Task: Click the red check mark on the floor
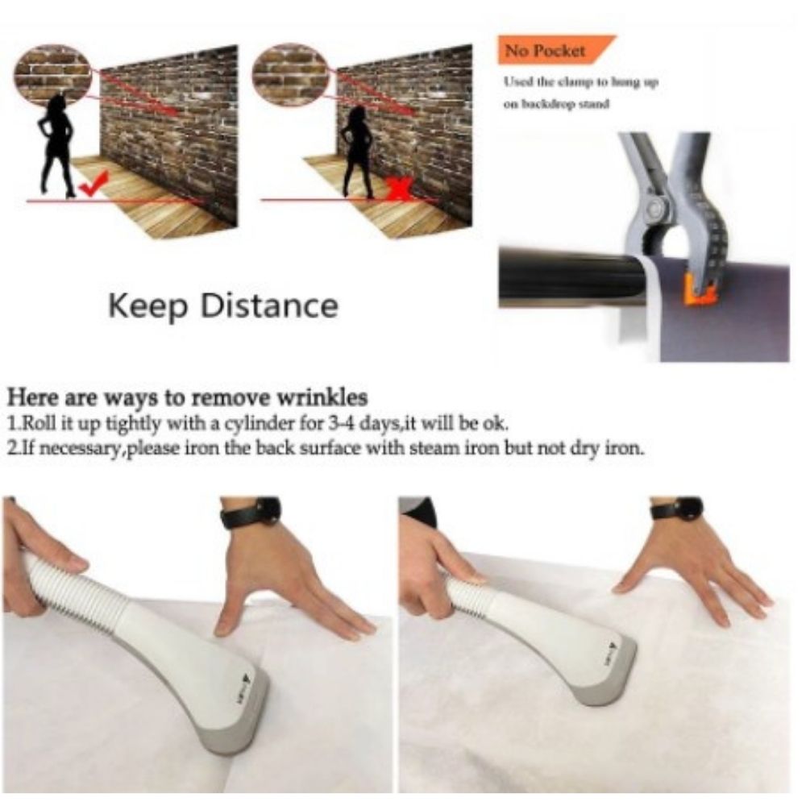(x=94, y=184)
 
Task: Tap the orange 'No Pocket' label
(x=555, y=50)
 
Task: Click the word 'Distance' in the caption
(x=269, y=305)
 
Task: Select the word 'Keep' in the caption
(x=148, y=307)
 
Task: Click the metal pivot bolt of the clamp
(x=658, y=206)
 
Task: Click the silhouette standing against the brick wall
(x=358, y=152)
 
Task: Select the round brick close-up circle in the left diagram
(x=53, y=76)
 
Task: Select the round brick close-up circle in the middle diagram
(x=291, y=76)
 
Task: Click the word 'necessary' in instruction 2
(x=81, y=450)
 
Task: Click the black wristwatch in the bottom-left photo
(x=251, y=512)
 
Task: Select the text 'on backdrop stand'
(x=556, y=104)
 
